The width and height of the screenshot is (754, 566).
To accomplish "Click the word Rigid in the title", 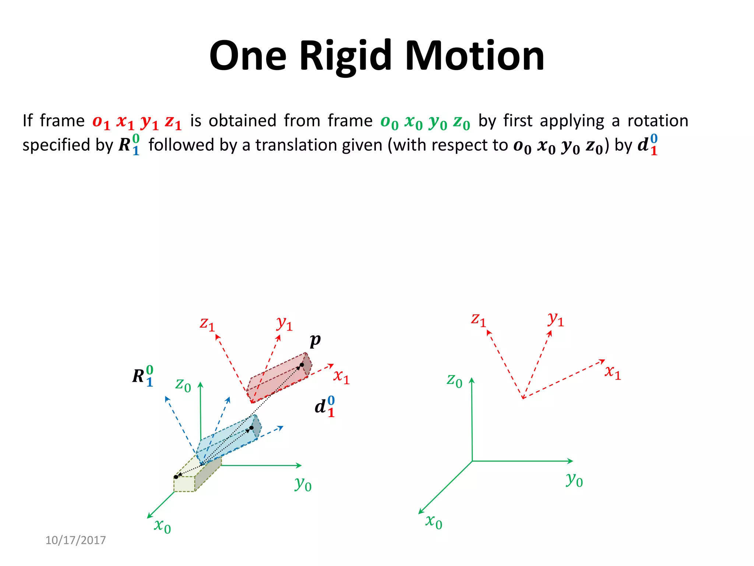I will tap(345, 56).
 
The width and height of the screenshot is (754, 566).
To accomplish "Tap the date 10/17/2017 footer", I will tap(75, 540).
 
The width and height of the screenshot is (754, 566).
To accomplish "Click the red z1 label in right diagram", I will tap(478, 319).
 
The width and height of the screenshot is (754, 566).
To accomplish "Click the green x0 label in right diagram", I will tap(434, 521).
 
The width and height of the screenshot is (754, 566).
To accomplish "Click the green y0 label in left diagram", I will tap(303, 484).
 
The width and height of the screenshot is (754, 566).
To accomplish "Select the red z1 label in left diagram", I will tap(207, 324).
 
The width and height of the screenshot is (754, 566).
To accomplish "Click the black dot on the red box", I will tap(302, 365).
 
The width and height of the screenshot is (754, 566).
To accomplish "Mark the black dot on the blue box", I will tap(251, 428).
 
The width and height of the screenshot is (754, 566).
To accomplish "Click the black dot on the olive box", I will tap(176, 477).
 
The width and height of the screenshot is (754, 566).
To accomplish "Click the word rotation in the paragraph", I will tap(658, 121).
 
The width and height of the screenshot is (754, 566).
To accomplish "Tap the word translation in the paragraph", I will tap(319, 145).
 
